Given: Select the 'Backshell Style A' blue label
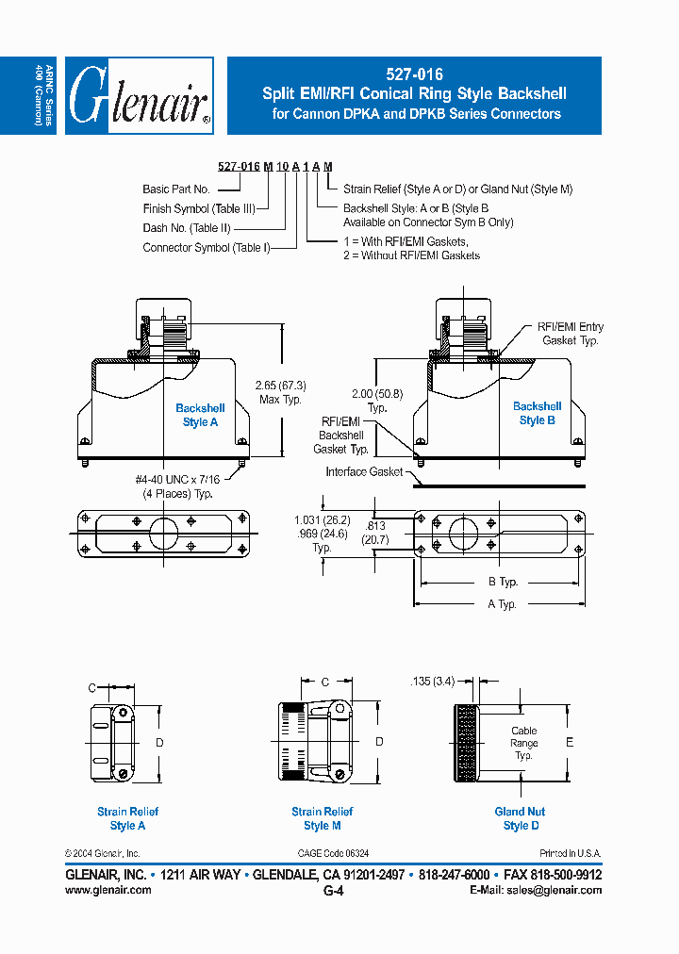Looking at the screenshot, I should tap(200, 415).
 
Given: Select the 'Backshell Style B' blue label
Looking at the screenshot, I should tap(537, 413).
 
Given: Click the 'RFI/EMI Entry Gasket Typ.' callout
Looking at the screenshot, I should tap(570, 333).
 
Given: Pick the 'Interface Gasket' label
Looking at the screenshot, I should tap(364, 471).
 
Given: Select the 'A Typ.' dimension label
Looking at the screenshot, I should tap(502, 604).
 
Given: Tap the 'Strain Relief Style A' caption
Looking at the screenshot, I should tap(127, 818).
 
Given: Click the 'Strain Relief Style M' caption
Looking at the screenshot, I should tap(322, 818).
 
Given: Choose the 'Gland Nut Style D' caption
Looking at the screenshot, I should tap(520, 818).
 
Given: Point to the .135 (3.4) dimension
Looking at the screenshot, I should tap(434, 681).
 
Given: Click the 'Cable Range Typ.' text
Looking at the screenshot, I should tap(523, 743).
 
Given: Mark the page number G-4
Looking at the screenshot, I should tap(333, 891).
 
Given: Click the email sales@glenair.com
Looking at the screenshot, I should tap(554, 890).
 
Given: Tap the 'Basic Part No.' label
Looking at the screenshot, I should tap(176, 189).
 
